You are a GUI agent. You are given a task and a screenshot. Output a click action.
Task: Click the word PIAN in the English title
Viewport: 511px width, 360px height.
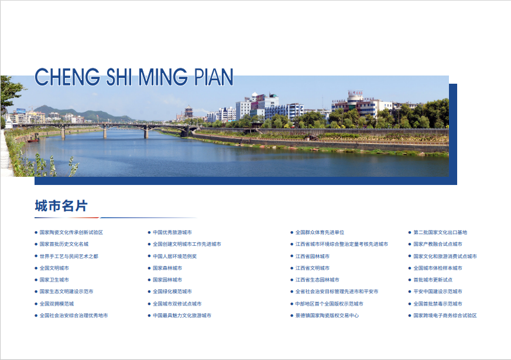coord(214,77)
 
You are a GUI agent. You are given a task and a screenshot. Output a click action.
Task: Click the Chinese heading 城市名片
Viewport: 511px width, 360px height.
coord(61,206)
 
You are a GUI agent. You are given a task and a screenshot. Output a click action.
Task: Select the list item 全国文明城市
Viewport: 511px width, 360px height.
coord(54,268)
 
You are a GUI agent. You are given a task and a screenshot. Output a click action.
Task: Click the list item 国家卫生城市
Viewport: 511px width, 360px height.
coord(54,280)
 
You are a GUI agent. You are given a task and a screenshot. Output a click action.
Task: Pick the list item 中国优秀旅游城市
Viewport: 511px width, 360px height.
coord(172,232)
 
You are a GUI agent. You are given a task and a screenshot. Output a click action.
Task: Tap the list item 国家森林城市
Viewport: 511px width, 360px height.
coord(167,268)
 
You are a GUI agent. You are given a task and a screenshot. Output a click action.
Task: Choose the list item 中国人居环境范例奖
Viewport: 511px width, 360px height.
coord(174,256)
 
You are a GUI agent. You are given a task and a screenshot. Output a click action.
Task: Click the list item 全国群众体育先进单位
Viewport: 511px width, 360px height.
coord(320,232)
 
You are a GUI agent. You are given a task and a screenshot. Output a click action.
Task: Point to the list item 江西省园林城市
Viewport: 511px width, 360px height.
coord(312,256)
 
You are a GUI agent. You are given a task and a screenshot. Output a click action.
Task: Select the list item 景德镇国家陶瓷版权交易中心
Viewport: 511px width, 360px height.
coord(327,316)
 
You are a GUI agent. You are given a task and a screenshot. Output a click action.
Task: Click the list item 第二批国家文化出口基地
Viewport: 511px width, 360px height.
coord(440,232)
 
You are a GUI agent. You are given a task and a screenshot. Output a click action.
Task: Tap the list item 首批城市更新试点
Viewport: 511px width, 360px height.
coord(433,280)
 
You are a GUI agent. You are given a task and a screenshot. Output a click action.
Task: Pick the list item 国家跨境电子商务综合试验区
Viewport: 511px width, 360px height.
coord(445,316)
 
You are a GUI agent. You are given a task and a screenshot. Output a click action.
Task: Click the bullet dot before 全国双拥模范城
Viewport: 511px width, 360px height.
coord(36,304)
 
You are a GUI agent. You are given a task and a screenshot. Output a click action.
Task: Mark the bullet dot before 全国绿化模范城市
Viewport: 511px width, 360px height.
coord(149,292)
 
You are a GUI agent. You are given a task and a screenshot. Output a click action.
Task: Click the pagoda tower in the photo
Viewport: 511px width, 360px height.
coord(188,112)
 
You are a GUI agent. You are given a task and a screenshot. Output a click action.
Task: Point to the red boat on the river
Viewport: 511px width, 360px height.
coord(33,140)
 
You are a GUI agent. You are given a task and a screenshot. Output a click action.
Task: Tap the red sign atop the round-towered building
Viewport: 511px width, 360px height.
coord(355,92)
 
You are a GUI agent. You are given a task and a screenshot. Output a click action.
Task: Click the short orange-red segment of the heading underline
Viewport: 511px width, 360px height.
coord(84,218)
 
